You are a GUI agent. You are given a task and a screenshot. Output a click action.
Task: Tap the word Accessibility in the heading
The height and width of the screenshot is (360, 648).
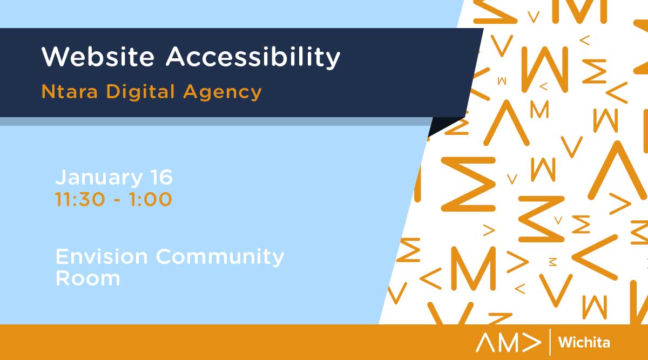coord(253,58)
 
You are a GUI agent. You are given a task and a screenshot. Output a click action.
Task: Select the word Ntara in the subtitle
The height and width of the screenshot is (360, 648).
coord(70,92)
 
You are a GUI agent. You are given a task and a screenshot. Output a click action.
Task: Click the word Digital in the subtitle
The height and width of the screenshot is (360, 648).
coord(140,92)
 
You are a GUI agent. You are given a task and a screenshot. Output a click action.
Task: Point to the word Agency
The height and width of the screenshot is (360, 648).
coord(222,92)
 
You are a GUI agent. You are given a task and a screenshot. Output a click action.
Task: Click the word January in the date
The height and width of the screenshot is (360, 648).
coord(99,178)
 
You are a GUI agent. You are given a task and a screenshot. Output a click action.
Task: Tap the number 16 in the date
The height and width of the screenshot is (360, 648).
coord(161,176)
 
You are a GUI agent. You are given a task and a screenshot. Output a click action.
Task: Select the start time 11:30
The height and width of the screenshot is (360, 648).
coord(80,199)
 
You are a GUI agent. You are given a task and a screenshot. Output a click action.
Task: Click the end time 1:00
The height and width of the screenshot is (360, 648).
coord(151,199)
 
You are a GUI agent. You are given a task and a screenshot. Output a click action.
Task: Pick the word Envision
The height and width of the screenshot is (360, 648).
coord(102,256)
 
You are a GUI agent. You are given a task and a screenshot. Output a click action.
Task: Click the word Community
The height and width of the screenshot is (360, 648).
coord(220,257)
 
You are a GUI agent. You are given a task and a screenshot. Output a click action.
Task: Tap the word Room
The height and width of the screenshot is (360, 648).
coord(87,278)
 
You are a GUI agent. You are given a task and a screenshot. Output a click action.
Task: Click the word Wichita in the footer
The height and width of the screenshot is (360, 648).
coord(584,342)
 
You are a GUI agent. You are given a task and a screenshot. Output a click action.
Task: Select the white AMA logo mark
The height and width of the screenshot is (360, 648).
coord(508,342)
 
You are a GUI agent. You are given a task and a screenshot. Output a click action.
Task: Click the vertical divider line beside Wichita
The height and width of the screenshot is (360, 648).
coord(550,342)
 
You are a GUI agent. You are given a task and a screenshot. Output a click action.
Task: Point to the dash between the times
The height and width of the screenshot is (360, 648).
coord(117,200)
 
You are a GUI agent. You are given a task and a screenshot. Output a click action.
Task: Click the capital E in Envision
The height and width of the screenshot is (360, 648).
coord(62,256)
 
